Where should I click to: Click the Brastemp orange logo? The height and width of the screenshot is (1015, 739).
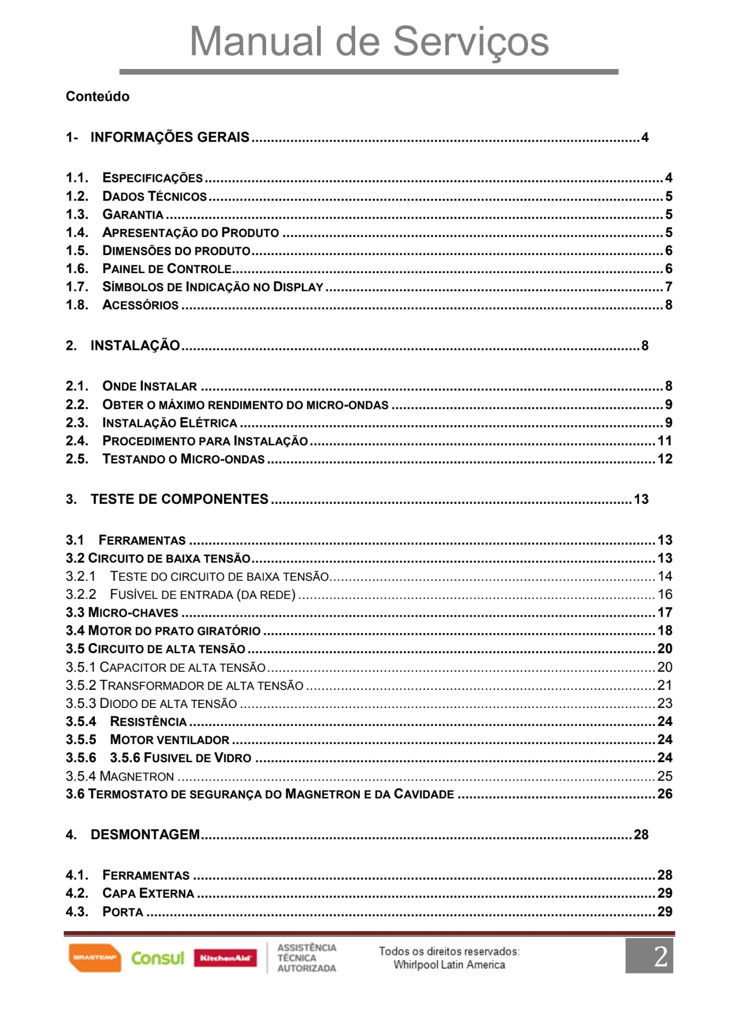click(x=94, y=958)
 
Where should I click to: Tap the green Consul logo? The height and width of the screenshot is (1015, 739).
click(x=157, y=958)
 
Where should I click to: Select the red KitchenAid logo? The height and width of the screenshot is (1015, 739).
click(x=225, y=958)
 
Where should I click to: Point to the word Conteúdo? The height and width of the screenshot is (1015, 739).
click(x=98, y=97)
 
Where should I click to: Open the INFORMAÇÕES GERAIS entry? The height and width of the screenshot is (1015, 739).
click(x=170, y=137)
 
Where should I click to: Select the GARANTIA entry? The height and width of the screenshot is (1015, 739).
click(x=133, y=214)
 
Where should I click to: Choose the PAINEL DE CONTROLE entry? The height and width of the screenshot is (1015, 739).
click(x=167, y=269)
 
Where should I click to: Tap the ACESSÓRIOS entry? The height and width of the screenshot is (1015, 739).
click(x=140, y=305)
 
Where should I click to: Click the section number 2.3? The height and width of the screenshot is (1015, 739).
click(x=77, y=423)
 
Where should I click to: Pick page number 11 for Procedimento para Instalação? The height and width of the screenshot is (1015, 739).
click(x=664, y=441)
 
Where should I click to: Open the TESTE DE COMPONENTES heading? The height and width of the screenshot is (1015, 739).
click(x=179, y=499)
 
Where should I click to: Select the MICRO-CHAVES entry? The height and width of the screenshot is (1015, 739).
click(x=133, y=612)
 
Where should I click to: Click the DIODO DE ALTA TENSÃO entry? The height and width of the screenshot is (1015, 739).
click(x=168, y=704)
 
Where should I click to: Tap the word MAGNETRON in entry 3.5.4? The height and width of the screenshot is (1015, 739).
click(x=137, y=776)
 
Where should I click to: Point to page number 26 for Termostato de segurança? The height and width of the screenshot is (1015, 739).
click(x=665, y=794)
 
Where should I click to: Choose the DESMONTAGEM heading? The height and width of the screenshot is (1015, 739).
click(x=145, y=835)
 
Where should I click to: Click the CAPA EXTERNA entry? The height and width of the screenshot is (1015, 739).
click(x=148, y=894)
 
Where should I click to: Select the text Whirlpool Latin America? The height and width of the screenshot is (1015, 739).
click(x=449, y=965)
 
